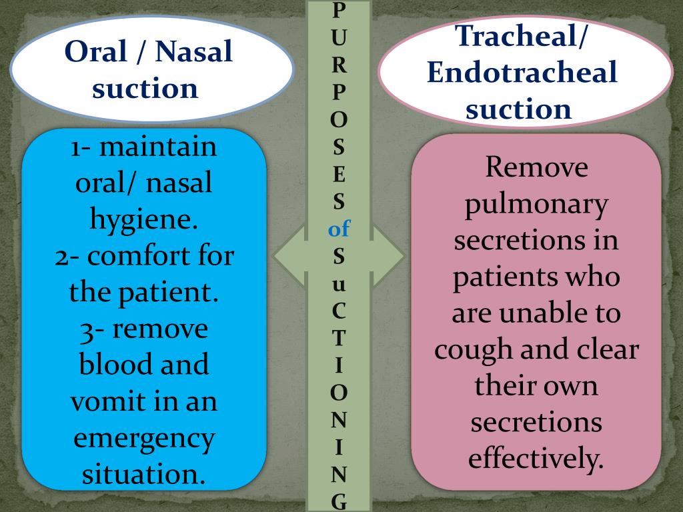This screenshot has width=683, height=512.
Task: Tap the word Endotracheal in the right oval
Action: [522, 72]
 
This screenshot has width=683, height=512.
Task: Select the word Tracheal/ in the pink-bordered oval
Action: [522, 36]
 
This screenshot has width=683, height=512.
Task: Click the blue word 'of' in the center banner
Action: [339, 230]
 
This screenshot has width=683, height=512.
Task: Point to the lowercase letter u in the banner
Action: [339, 285]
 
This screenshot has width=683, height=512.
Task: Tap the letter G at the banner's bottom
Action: [339, 501]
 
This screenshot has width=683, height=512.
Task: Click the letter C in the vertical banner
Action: [339, 311]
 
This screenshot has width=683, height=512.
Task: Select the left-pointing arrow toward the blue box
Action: [290, 256]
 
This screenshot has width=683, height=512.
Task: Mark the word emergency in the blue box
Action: [145, 439]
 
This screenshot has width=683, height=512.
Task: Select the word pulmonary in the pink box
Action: [536, 204]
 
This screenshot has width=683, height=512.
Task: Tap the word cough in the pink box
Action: [474, 349]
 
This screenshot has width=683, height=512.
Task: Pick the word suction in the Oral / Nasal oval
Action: [145, 88]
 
